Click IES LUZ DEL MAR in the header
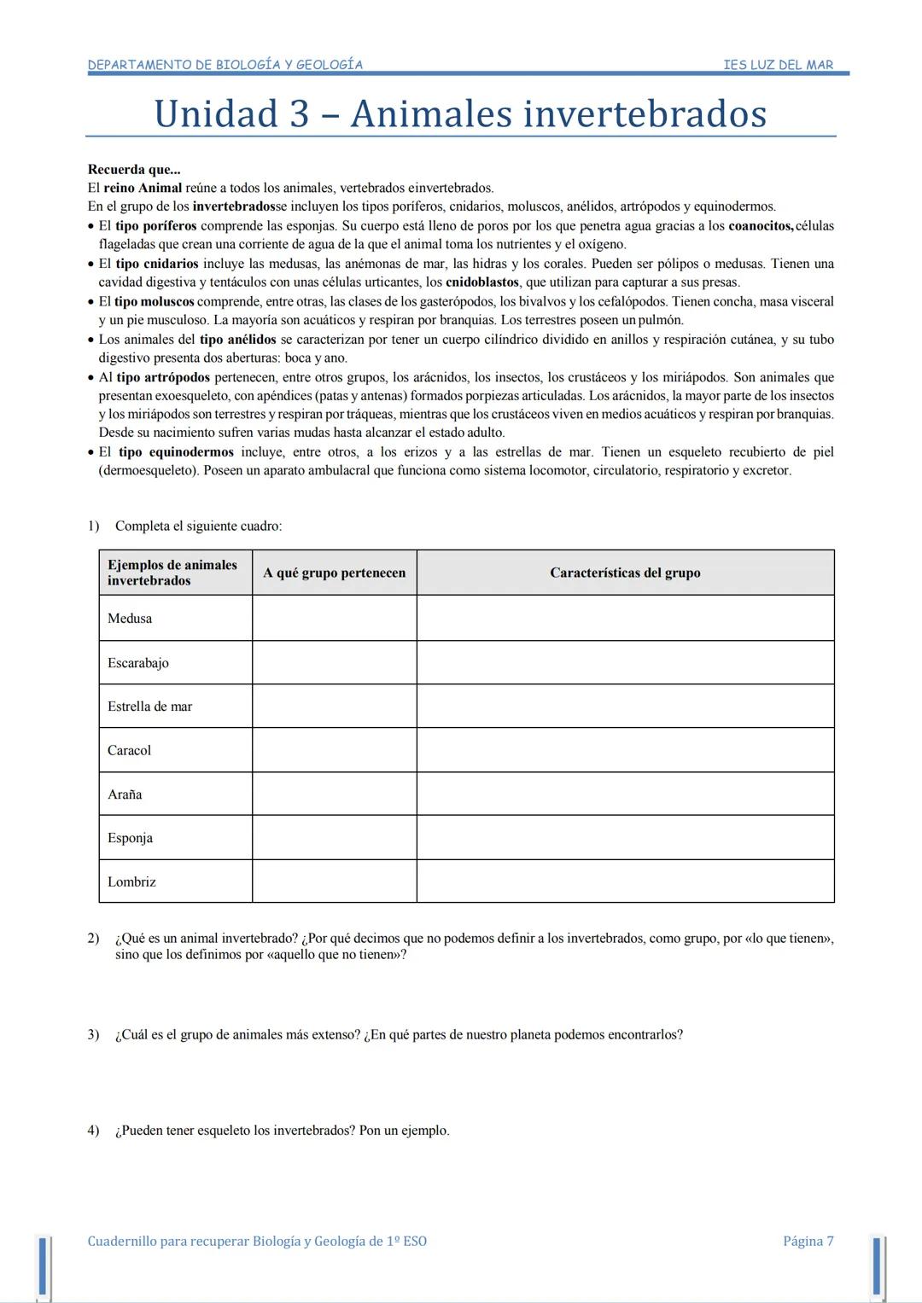[778, 65]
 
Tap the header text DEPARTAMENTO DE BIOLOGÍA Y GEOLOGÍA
[225, 65]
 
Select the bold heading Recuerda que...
[134, 169]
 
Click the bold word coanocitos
[761, 226]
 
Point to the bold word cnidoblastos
[482, 282]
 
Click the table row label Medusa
[130, 619]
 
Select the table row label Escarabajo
[138, 663]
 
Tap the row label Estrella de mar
[150, 707]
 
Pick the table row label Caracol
[129, 751]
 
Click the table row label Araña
[125, 794]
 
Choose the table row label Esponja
[130, 838]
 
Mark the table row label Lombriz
[131, 882]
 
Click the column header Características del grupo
[625, 573]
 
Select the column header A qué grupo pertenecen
[335, 573]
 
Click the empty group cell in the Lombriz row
[335, 881]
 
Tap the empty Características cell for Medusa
[625, 618]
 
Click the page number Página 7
[808, 1241]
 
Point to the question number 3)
[93, 1035]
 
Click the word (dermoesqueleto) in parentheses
[149, 471]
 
